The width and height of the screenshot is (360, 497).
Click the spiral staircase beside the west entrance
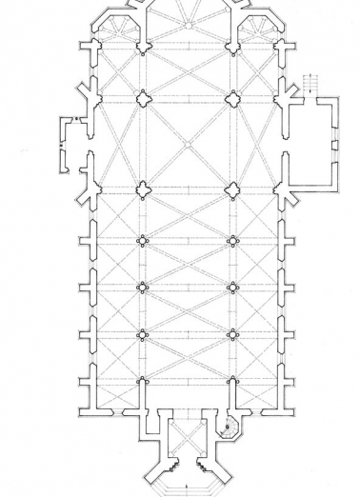pos(230,427)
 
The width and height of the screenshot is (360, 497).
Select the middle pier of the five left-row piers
pos(143,240)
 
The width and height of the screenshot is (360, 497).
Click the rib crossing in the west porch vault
pos(187,442)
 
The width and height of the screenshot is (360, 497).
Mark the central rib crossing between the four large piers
pos(188,143)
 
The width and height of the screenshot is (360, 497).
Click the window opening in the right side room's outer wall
pos(334,145)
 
